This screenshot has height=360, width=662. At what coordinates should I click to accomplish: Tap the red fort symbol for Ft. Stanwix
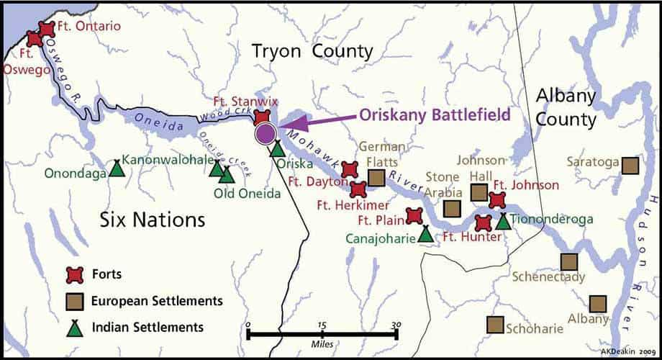(x=263, y=116)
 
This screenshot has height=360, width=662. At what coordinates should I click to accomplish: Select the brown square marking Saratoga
(x=630, y=165)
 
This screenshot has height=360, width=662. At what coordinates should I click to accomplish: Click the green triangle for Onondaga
(x=116, y=168)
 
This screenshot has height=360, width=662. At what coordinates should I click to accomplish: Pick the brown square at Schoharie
(x=495, y=325)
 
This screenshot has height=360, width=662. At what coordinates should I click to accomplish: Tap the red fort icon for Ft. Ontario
(x=47, y=30)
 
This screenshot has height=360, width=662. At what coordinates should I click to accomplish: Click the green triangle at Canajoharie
(x=426, y=234)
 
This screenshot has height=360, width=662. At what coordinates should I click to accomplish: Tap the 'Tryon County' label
(x=312, y=51)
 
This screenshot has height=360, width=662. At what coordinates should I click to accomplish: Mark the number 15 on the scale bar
(x=322, y=325)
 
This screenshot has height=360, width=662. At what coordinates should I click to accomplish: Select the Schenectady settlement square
(x=569, y=261)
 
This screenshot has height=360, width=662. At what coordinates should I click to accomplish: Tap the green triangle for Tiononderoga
(x=503, y=221)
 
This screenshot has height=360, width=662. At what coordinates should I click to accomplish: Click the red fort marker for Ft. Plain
(x=414, y=216)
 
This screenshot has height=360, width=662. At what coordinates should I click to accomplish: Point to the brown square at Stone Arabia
(x=452, y=209)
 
